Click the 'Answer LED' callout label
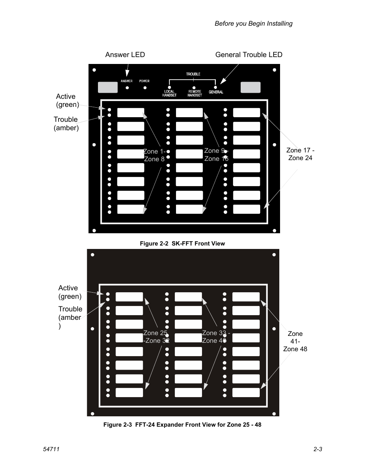click(x=125, y=55)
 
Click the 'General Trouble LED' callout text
click(x=249, y=55)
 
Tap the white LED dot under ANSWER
click(x=127, y=88)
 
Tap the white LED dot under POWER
click(x=145, y=88)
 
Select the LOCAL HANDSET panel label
click(x=169, y=93)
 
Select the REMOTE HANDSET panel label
click(x=195, y=93)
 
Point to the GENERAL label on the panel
click(x=216, y=92)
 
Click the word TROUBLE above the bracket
click(x=193, y=74)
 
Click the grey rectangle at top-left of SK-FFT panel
click(x=108, y=87)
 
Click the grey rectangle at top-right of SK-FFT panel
click(x=251, y=87)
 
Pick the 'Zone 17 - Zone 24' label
click(x=300, y=154)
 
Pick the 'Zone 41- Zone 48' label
click(x=295, y=341)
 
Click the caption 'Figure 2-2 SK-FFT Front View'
click(x=182, y=244)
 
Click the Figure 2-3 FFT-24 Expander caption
click(x=182, y=425)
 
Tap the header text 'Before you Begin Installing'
click(x=253, y=24)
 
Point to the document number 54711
click(x=51, y=449)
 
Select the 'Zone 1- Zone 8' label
click(x=154, y=155)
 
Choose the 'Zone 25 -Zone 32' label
click(x=156, y=337)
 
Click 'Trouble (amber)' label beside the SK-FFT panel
click(x=66, y=124)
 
